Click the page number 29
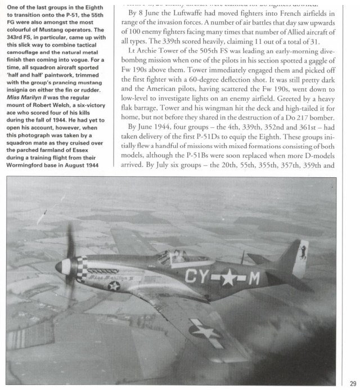click(352, 380)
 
